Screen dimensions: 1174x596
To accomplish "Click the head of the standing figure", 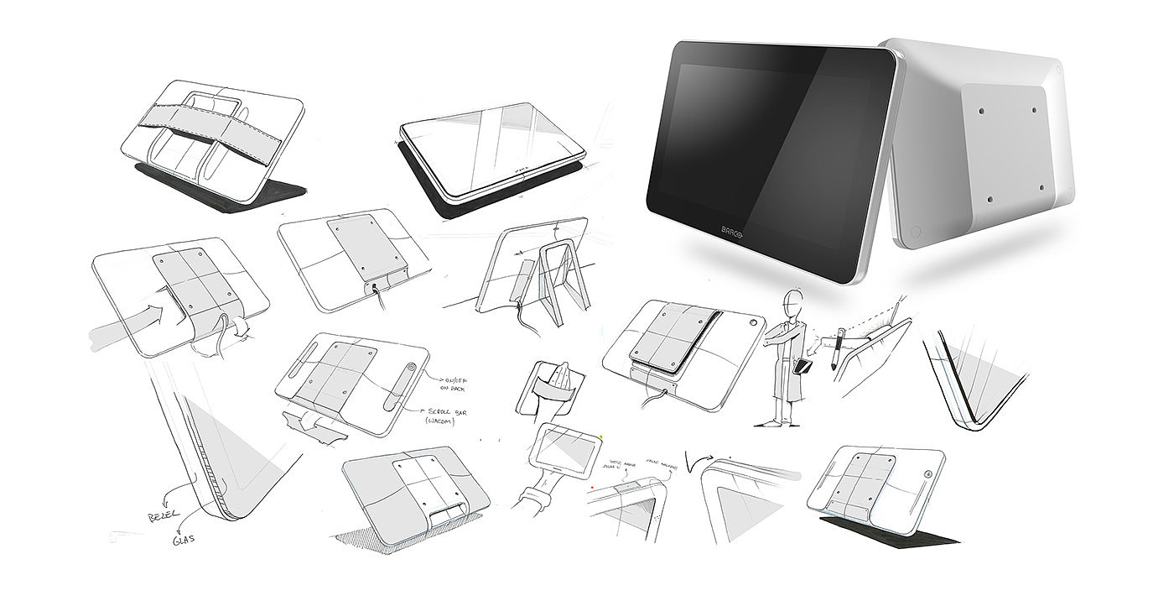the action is click(x=792, y=300).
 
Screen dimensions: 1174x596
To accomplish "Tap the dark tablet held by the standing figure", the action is click(x=802, y=367).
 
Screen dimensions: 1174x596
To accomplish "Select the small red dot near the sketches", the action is click(x=591, y=486).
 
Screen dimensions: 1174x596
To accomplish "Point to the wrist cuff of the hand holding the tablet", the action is click(x=530, y=505).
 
